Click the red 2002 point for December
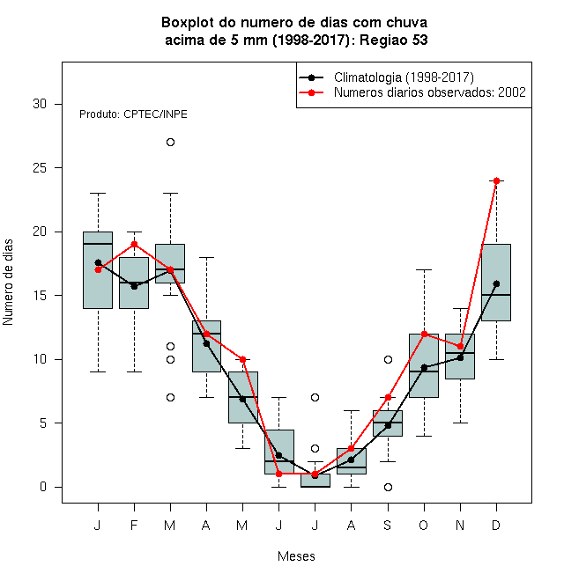click(x=496, y=180)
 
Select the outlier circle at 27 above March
click(x=170, y=143)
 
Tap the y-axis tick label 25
click(x=40, y=168)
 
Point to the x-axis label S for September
click(x=388, y=525)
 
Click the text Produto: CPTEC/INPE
click(x=133, y=114)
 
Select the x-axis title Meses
click(x=296, y=556)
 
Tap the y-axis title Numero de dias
click(x=8, y=283)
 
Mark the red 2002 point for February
click(x=134, y=245)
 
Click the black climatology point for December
click(x=496, y=283)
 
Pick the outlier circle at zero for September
click(x=388, y=487)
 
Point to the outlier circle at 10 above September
click(x=388, y=359)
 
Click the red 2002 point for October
click(x=424, y=334)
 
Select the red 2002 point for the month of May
click(x=242, y=359)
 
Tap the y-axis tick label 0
click(x=43, y=487)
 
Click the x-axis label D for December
click(x=496, y=525)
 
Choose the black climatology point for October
click(x=424, y=368)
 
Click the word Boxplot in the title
click(x=188, y=23)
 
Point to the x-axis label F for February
click(x=134, y=525)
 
